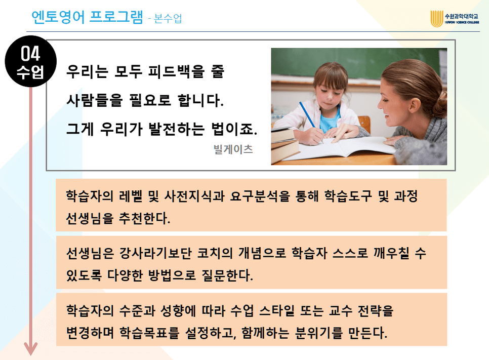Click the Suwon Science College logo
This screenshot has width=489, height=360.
[455, 18]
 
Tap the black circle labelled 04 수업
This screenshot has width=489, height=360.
[30, 61]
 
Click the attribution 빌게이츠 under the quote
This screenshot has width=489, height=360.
[233, 149]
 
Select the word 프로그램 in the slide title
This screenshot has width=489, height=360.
[116, 17]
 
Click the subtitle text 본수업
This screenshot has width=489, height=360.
[168, 19]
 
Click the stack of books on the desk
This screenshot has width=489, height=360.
[284, 144]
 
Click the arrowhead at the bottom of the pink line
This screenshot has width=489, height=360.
[30, 349]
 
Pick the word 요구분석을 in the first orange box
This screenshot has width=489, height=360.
[260, 196]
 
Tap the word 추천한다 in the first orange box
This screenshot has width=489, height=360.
[144, 218]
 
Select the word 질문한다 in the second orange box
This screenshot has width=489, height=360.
[227, 275]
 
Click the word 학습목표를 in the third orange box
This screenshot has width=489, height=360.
[150, 333]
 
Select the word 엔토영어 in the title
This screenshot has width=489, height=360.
[58, 17]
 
